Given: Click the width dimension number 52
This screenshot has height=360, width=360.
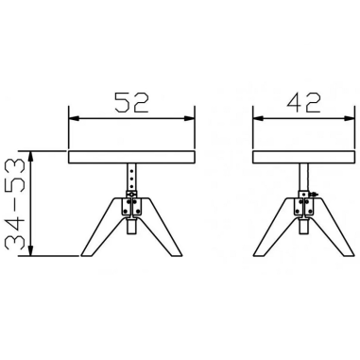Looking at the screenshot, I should point(131,102).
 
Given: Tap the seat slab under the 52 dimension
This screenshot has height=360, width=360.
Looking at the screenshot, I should point(131,155).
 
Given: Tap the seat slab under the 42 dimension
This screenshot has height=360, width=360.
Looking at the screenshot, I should point(300,155).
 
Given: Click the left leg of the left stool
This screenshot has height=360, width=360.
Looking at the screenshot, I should point(98,227).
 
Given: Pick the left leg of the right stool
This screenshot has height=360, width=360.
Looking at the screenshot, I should point(272,227).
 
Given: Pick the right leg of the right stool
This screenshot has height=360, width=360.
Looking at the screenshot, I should point(331,227).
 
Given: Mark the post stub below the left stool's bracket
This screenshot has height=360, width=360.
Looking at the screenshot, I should point(131,227).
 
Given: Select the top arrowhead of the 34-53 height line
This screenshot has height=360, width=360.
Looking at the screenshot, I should point(34,153).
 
